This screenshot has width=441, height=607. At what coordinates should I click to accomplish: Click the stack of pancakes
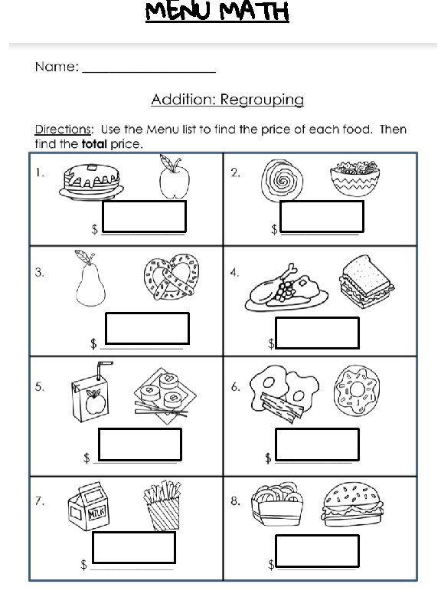pos(91,182)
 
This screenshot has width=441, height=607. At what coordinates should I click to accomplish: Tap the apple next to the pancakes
pos(174,177)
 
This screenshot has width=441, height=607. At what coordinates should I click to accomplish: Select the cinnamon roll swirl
pos(282,180)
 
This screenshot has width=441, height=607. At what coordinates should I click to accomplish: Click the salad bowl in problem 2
pos(355,179)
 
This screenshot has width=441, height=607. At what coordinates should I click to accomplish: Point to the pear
pos(90,278)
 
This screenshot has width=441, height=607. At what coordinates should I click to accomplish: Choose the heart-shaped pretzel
pos(171,277)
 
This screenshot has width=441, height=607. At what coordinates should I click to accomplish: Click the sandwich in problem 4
pos(366,281)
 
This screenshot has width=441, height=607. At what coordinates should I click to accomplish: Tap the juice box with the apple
pos(91,392)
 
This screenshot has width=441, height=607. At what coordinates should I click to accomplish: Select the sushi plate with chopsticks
pos(165,395)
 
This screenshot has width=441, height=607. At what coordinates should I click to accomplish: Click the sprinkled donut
pos(356,390)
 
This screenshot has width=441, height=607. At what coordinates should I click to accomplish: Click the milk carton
pos(88,506)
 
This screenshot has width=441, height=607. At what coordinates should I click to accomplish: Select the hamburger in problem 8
pos(352,504)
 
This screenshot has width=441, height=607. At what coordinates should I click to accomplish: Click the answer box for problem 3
pos(148,328)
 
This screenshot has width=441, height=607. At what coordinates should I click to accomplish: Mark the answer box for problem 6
pos(317,445)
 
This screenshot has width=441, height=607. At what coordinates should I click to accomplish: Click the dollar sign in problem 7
pos(83,564)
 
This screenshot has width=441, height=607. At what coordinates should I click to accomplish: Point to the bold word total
pos(94,144)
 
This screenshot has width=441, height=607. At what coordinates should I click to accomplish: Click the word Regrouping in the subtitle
pos(263,100)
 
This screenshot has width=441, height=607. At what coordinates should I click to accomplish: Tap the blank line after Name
pos(149,72)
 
